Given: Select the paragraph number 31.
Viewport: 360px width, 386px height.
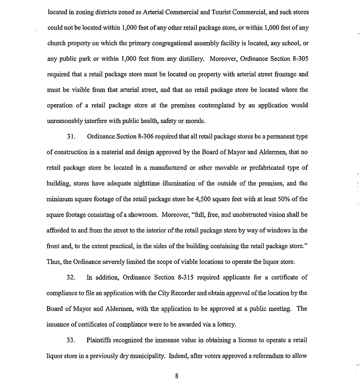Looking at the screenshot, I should (71, 137).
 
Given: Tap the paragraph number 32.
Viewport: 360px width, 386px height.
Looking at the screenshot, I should (71, 277).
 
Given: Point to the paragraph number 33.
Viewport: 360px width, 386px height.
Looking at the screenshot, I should (71, 340).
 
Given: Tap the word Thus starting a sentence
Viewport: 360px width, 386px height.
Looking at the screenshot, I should (54, 262).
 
